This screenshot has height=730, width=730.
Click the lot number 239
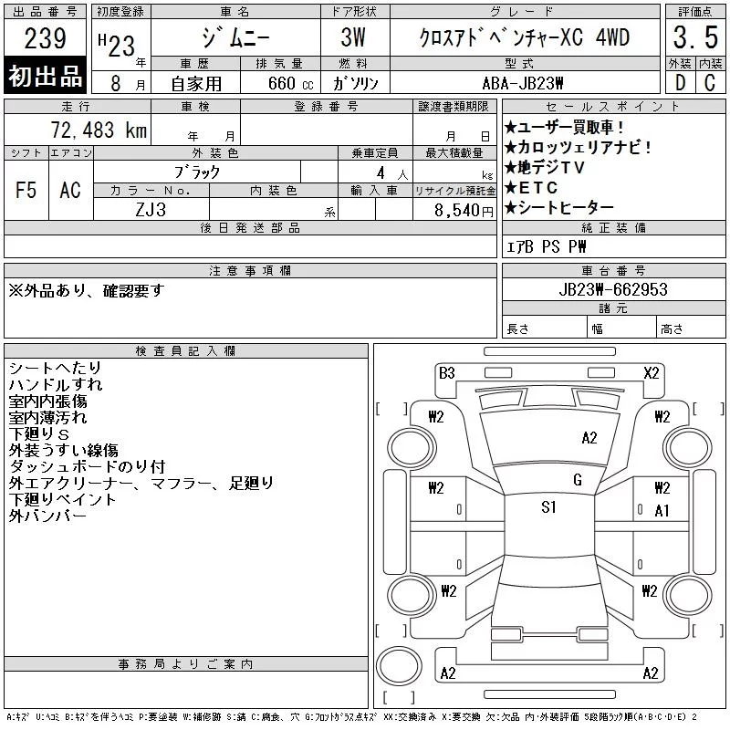pyautogui.click(x=45, y=38)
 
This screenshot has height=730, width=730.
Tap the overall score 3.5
pyautogui.click(x=695, y=37)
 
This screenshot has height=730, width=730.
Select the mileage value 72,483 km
pyautogui.click(x=99, y=130)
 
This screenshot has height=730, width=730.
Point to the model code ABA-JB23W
pyautogui.click(x=522, y=83)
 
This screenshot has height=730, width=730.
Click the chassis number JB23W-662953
pyautogui.click(x=613, y=289)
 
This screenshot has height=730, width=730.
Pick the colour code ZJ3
pyautogui.click(x=151, y=210)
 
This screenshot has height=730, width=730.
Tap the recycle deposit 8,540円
pyautogui.click(x=464, y=211)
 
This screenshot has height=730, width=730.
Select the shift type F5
pyautogui.click(x=26, y=190)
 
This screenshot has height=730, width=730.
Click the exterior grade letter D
pyautogui.click(x=680, y=83)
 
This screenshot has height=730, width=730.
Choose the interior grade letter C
pyautogui.click(x=710, y=83)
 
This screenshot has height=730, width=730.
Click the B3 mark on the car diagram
pyautogui.click(x=446, y=373)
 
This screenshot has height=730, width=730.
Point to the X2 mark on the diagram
pyautogui.click(x=652, y=373)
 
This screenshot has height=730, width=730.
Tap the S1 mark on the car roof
pyautogui.click(x=548, y=506)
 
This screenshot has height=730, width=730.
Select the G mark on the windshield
pyautogui.click(x=578, y=480)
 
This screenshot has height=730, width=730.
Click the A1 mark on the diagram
pyautogui.click(x=662, y=511)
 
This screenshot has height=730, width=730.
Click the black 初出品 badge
pyautogui.click(x=45, y=76)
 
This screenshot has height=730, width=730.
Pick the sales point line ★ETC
pyautogui.click(x=531, y=188)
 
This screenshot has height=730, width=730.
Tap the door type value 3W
pyautogui.click(x=353, y=37)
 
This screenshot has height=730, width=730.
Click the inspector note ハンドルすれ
pyautogui.click(x=56, y=384)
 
